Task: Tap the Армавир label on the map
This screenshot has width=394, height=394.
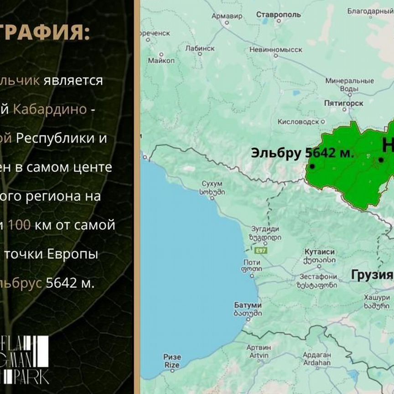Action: click(227, 16)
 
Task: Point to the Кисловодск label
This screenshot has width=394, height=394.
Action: click(298, 122)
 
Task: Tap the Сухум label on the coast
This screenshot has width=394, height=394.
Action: click(212, 184)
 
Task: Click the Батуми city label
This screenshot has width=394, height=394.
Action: click(248, 305)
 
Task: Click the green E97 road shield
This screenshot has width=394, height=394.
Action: click(260, 250)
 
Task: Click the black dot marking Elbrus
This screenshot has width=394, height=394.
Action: click(312, 166)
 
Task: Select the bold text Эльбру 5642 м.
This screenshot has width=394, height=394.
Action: click(302, 153)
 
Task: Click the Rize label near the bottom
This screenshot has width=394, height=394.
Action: click(172, 357)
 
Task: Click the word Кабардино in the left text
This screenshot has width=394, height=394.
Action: click(50, 109)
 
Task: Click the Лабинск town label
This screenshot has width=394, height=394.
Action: click(200, 48)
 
